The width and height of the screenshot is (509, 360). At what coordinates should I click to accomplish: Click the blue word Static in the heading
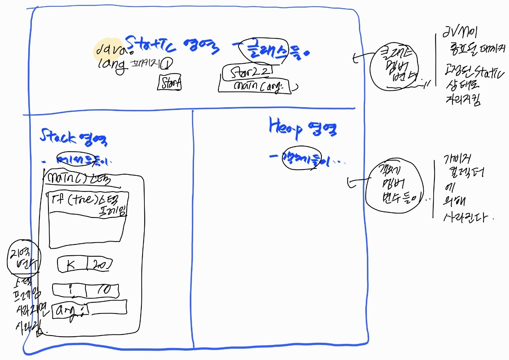[x=150, y=44]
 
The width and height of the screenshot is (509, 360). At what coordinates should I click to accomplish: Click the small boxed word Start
[x=170, y=83]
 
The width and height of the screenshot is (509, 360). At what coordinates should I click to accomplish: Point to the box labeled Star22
[x=248, y=72]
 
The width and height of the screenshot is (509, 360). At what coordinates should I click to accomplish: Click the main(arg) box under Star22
[x=255, y=86]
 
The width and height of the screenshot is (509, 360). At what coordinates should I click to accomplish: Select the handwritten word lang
[x=111, y=65]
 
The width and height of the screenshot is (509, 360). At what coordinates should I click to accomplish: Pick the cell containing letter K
[x=71, y=265]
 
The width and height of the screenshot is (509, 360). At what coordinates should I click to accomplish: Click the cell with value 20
[x=99, y=265]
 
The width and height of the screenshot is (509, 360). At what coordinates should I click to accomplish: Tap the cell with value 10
[x=103, y=290]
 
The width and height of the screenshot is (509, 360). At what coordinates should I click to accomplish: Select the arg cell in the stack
[x=70, y=310]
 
